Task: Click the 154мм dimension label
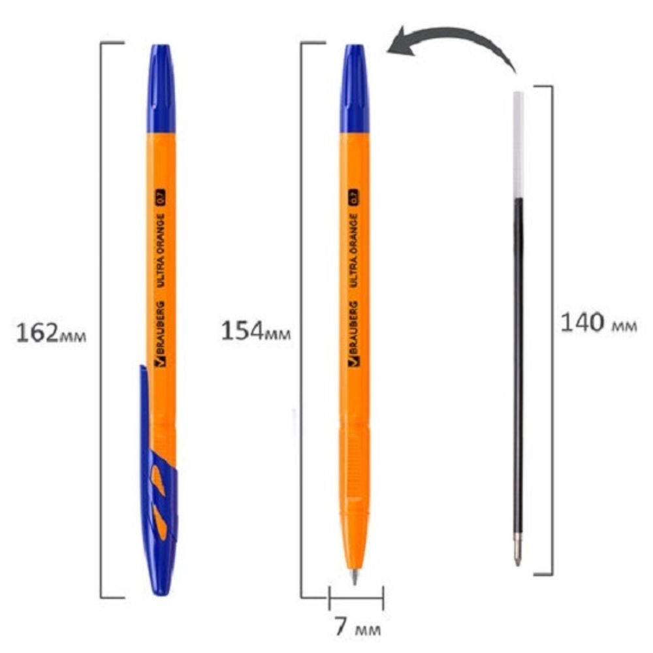coord(255,331)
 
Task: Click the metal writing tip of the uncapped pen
coord(355,577)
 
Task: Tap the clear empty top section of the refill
coord(518,144)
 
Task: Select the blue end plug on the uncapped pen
coord(354,88)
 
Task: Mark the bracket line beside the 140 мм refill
coord(552,326)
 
